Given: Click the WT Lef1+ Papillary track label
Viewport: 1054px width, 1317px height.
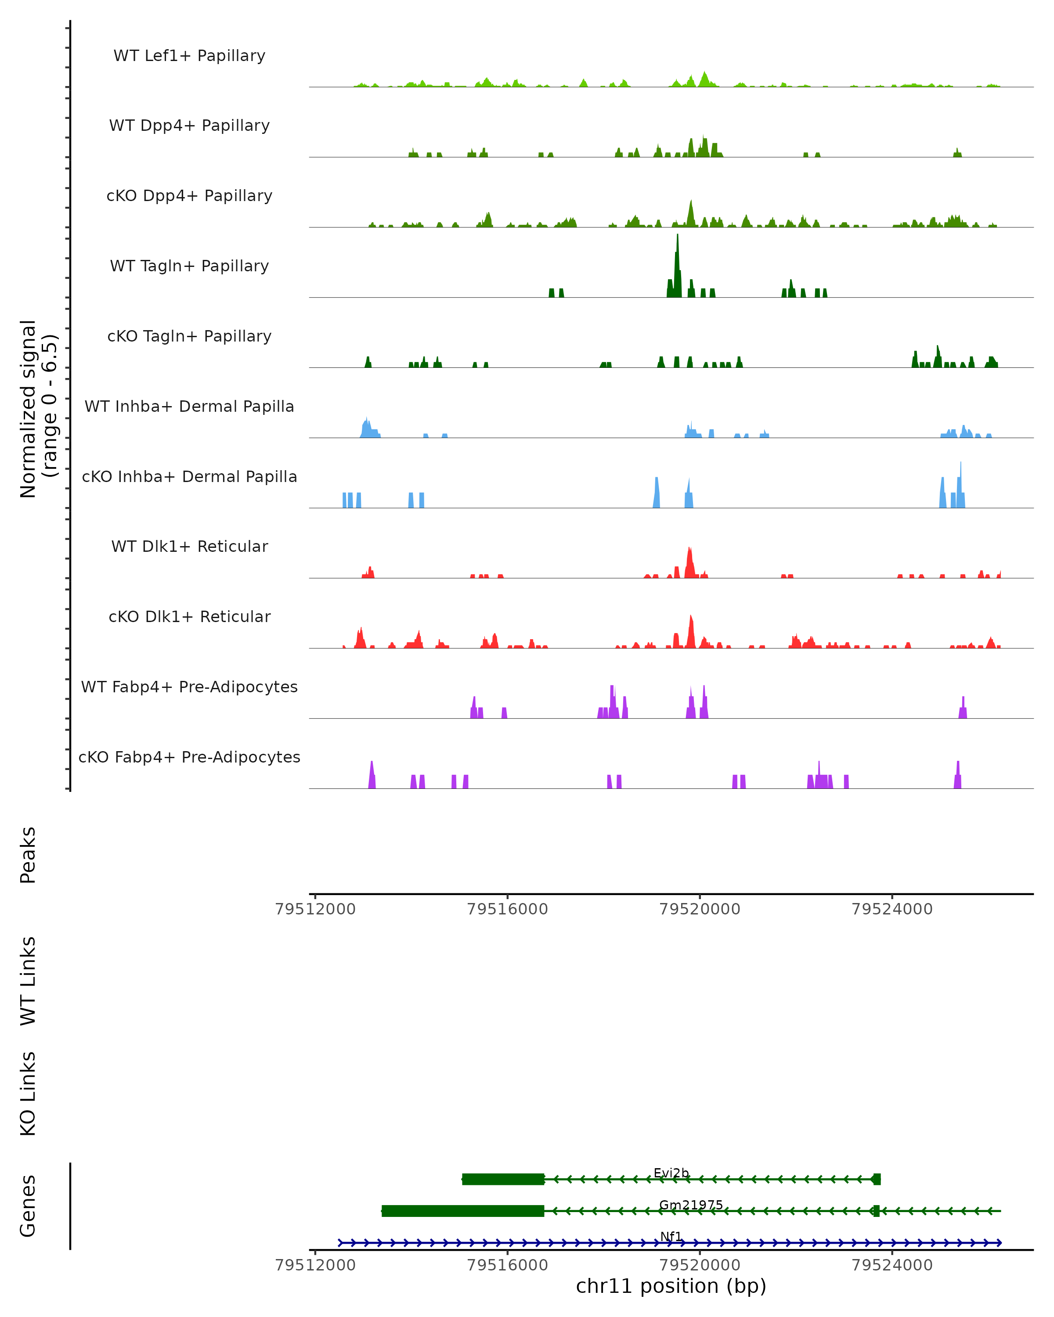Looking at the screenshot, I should click(x=189, y=56).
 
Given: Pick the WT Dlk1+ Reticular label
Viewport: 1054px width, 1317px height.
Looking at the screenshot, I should click(x=189, y=546).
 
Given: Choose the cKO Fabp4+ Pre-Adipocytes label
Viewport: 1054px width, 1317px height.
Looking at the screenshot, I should click(x=189, y=757).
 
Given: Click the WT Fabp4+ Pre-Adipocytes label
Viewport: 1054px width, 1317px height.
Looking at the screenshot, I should click(x=189, y=687).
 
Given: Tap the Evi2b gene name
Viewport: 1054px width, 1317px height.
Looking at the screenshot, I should click(x=671, y=1173).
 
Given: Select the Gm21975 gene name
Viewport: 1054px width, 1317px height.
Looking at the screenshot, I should click(x=690, y=1205).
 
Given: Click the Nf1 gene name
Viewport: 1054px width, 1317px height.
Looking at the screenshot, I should click(x=671, y=1236).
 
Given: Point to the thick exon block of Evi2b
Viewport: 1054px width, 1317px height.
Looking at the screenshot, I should click(x=503, y=1179).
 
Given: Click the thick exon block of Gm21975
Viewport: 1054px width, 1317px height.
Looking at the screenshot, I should click(x=462, y=1211).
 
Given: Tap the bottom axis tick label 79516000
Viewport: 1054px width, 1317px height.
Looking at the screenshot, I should click(x=507, y=1264).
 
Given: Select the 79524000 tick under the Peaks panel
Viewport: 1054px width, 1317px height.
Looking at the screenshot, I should click(x=892, y=909).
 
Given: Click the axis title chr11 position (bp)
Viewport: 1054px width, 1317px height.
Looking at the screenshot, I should click(x=671, y=1286).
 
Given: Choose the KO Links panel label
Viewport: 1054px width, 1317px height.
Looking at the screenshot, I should click(x=28, y=1094).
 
